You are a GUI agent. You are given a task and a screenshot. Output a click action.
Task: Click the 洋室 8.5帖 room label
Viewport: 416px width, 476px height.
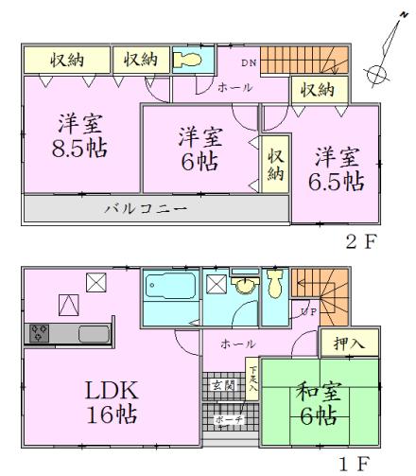(x=79, y=138)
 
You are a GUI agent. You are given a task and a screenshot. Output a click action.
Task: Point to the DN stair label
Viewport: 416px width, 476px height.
(x=248, y=63)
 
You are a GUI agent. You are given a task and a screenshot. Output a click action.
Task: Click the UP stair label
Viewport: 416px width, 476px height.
(x=307, y=310)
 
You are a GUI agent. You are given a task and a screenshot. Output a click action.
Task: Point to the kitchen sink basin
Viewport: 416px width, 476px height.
(x=94, y=333)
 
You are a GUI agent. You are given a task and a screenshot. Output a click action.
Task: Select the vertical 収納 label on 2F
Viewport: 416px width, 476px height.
(x=275, y=165)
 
